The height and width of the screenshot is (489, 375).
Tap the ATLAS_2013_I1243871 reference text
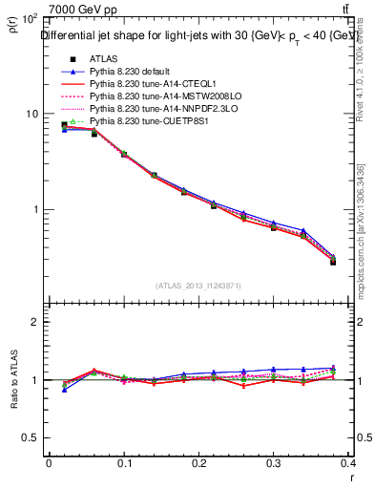pos(199,286)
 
